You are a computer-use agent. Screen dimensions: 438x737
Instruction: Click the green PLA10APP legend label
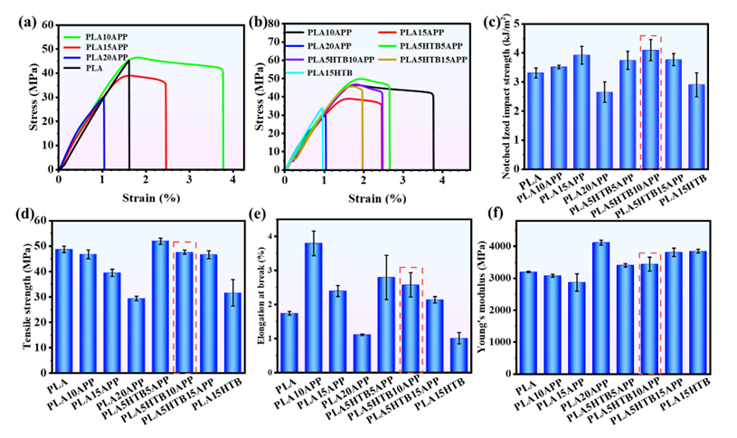tap(106, 37)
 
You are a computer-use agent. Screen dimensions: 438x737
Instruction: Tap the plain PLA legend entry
tap(93, 68)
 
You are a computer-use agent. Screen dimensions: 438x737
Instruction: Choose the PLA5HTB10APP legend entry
tap(340, 59)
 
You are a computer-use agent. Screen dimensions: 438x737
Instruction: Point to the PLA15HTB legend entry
tap(330, 72)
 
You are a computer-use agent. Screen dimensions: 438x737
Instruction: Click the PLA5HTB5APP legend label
tap(432, 45)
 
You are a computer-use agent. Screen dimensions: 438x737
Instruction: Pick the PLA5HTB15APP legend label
tap(434, 59)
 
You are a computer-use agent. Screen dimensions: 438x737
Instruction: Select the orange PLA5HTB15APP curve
tap(362, 136)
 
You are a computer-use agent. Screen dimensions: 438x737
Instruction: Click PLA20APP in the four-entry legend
tap(106, 57)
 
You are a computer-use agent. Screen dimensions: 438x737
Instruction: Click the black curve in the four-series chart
tap(128, 118)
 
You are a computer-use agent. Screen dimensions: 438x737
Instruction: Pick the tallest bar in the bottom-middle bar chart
tap(314, 307)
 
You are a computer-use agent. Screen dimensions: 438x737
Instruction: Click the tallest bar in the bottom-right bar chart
tap(600, 307)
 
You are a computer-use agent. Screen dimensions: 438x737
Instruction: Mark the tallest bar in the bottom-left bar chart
tap(160, 306)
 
